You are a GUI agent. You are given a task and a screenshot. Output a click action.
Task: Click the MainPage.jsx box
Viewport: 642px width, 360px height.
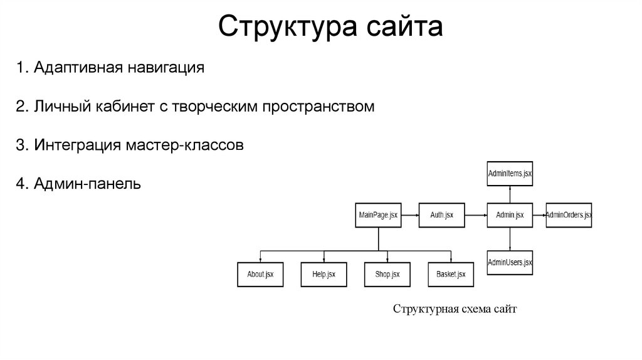[x=378, y=215]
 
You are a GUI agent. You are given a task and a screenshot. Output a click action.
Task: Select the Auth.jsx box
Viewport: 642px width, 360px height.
[x=442, y=215]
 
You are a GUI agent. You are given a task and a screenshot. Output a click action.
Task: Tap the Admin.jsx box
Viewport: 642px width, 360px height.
[x=510, y=215]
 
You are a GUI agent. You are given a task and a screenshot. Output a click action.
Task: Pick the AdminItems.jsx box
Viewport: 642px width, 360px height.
[x=510, y=173]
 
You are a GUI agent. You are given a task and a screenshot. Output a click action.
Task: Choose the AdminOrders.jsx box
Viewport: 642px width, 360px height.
[x=569, y=215]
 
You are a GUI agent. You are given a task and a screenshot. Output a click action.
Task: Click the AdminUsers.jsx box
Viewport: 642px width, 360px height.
[x=510, y=262]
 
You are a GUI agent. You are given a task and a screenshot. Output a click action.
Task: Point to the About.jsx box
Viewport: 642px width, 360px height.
[x=260, y=274]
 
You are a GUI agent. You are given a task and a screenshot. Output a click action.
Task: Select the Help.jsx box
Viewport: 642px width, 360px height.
[x=324, y=274]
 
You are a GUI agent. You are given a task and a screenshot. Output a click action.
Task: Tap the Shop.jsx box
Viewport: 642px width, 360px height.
[x=387, y=274]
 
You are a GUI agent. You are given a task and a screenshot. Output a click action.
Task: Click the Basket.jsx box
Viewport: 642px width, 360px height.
[x=451, y=274]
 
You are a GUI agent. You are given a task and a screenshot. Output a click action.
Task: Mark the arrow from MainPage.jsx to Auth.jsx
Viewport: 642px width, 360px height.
[x=410, y=215]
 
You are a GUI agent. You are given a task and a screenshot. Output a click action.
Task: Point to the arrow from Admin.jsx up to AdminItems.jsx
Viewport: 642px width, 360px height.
[x=510, y=194]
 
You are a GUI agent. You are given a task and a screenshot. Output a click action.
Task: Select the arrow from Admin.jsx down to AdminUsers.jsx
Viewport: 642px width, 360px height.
[x=510, y=238]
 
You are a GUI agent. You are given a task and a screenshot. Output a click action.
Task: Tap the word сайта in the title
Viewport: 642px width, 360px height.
[x=396, y=28]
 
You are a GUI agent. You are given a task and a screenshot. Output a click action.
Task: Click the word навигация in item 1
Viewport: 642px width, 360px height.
[x=167, y=67]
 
